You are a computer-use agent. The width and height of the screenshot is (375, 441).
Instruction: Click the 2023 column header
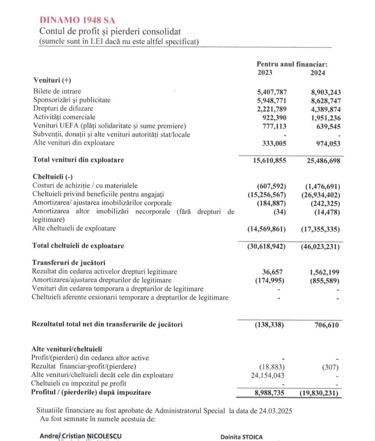click(265, 72)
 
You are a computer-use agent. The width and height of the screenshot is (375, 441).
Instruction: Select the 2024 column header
click(318, 72)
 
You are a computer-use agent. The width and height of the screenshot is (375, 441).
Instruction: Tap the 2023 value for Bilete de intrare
click(272, 92)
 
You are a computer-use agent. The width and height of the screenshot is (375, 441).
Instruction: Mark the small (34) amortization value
click(279, 211)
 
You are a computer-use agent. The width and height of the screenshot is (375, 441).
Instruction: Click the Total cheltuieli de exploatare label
click(78, 246)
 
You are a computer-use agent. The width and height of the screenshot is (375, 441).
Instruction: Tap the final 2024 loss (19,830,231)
click(319, 393)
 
